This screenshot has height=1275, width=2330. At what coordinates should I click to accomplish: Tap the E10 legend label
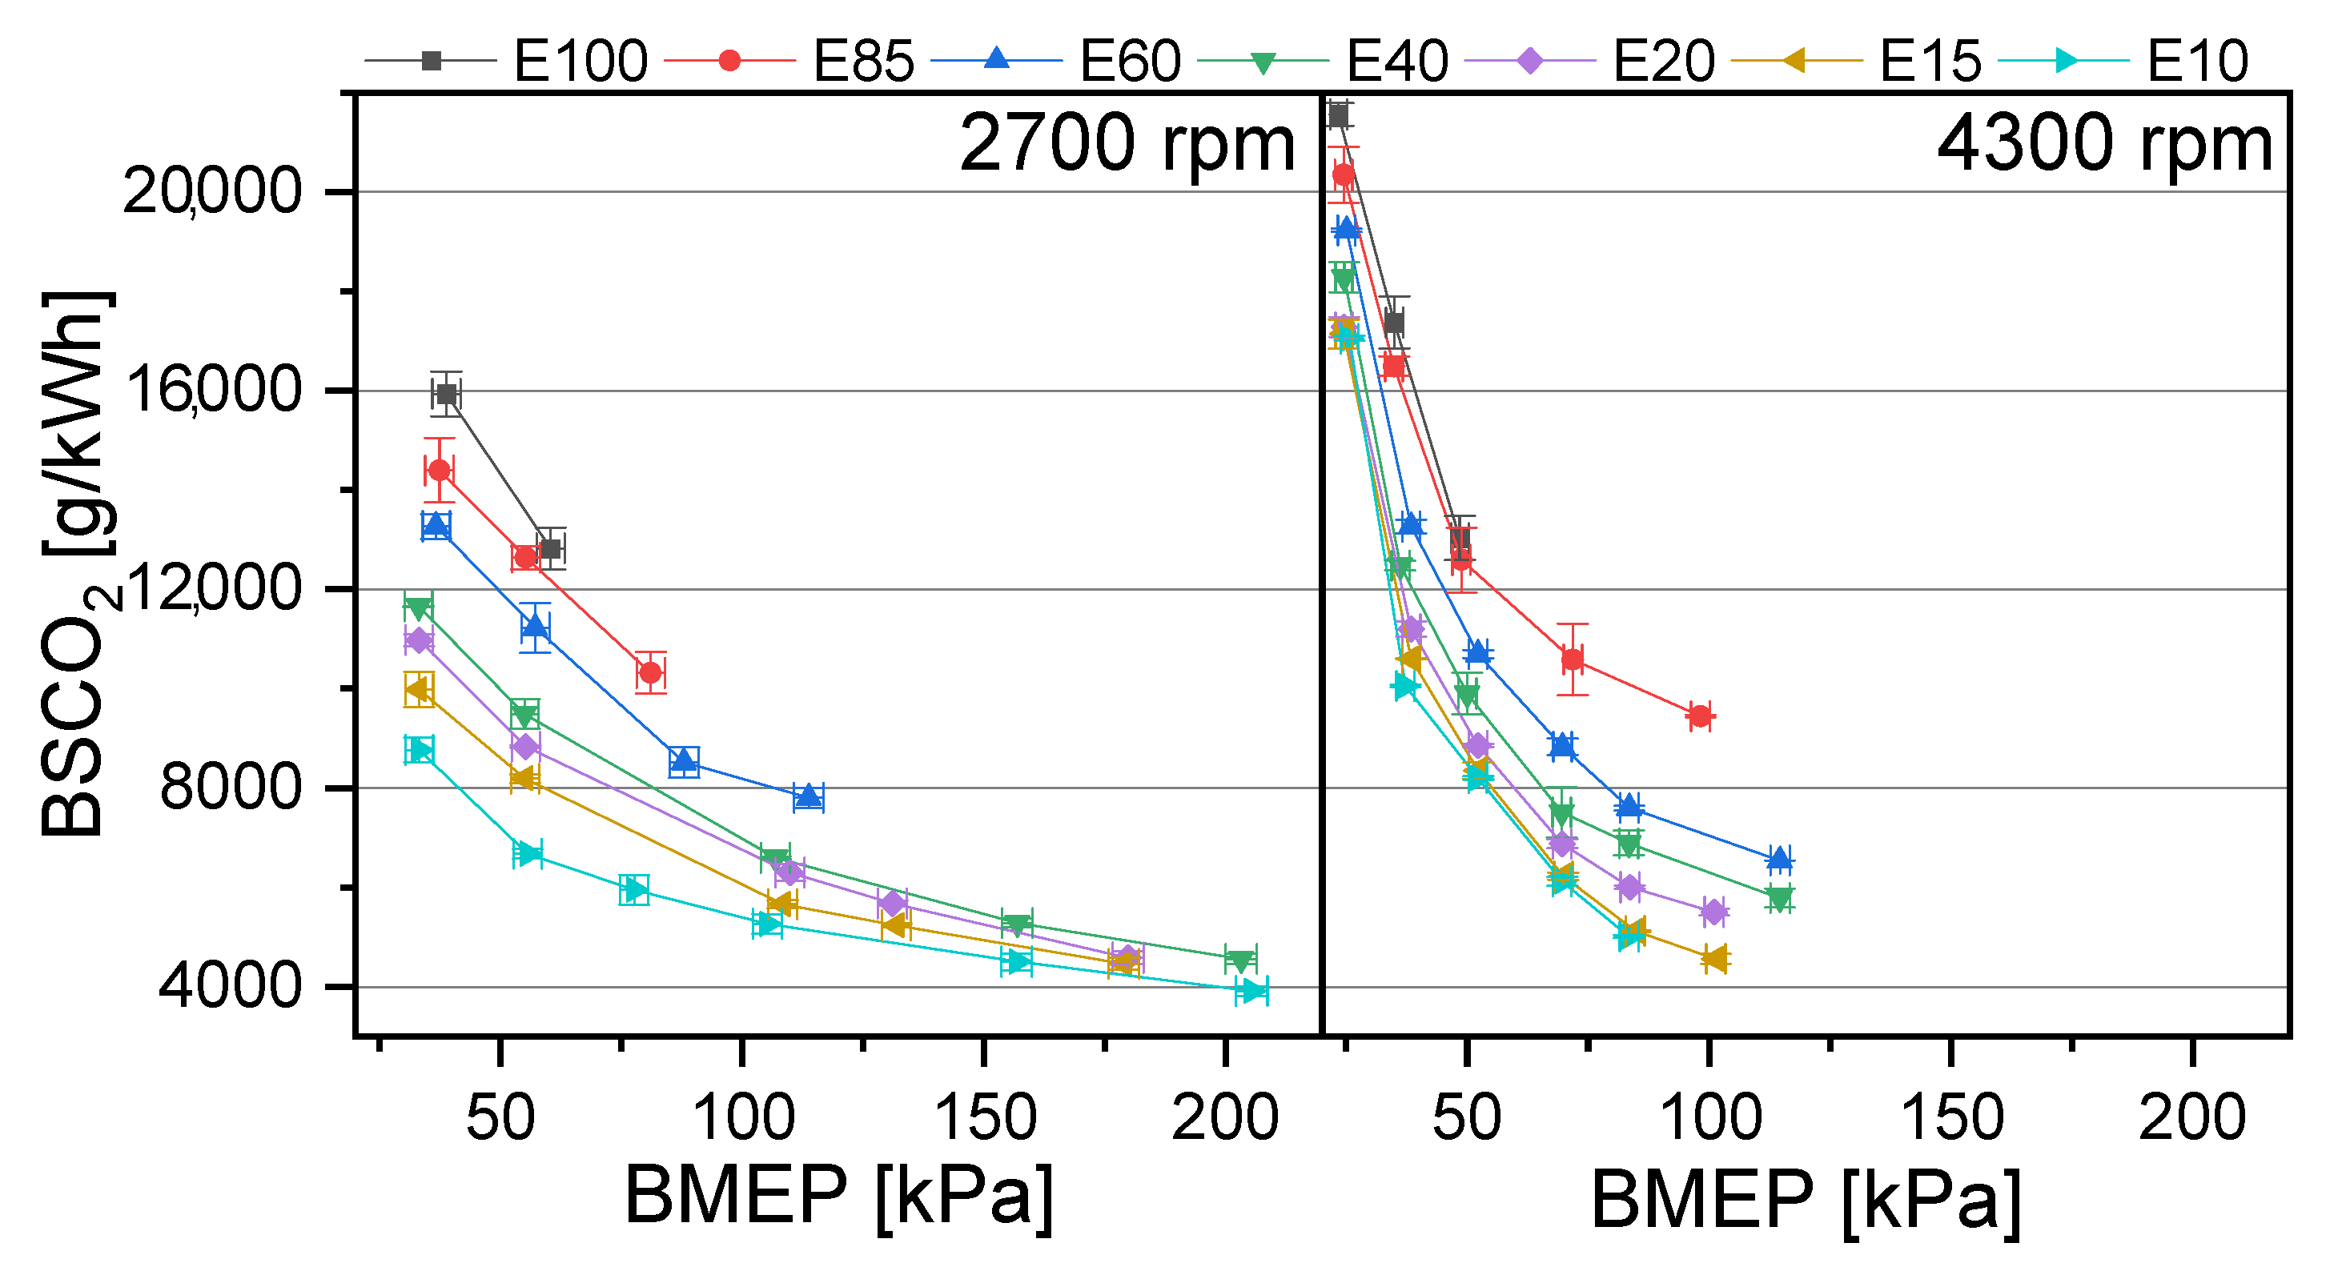click(x=2197, y=62)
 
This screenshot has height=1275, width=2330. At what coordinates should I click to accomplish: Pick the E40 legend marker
click(x=1263, y=62)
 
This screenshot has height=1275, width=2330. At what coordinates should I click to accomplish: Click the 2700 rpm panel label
click(x=1126, y=144)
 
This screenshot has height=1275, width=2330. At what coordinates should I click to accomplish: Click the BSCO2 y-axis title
click(x=77, y=565)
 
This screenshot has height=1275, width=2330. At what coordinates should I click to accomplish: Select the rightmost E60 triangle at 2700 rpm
click(x=808, y=796)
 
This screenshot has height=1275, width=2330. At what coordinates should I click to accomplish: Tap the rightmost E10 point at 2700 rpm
click(x=1251, y=990)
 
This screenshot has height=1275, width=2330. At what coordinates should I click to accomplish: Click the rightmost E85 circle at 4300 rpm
click(x=1701, y=716)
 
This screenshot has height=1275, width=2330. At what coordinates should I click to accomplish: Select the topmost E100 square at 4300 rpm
click(x=1338, y=114)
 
